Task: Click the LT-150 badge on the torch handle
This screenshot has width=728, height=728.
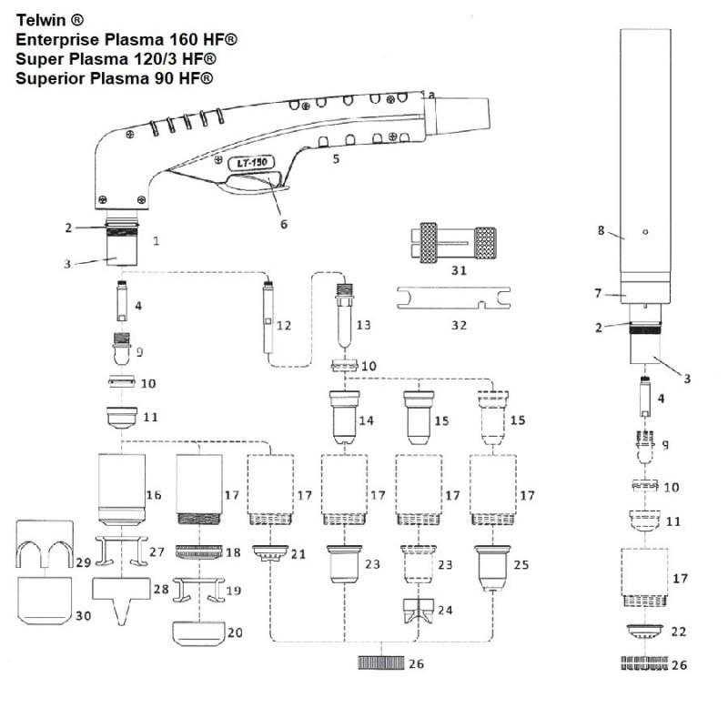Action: (244, 163)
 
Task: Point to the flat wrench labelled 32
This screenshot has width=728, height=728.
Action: (453, 296)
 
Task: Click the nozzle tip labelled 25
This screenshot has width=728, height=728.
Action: (492, 564)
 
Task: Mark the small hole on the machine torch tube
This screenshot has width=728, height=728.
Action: (644, 232)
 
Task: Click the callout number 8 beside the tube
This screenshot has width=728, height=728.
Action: (601, 231)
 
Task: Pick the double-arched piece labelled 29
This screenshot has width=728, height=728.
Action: (46, 550)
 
